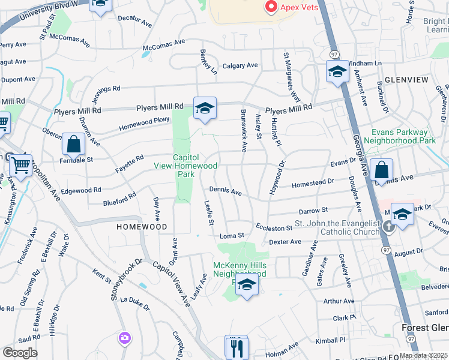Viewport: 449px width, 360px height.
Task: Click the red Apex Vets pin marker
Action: pos(270,7)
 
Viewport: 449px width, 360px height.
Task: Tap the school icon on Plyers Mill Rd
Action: pos(205,108)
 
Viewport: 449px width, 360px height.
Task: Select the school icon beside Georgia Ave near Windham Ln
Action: pos(338,72)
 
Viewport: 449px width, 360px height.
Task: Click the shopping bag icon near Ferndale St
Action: pos(73,145)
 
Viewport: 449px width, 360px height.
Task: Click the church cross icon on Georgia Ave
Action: pos(388,226)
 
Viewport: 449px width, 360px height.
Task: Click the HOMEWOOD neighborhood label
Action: pos(141,227)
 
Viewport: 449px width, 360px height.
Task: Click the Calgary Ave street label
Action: pos(240,65)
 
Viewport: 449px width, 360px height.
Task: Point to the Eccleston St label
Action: pos(273,227)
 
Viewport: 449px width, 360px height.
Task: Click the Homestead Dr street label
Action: pos(312,182)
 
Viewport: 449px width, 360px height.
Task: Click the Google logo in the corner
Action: pos(19,353)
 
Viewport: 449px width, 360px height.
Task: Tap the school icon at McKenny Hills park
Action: pos(246,286)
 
